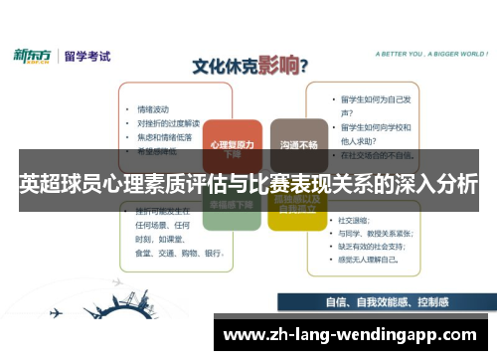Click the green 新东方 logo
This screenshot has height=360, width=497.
pos(36,56)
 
